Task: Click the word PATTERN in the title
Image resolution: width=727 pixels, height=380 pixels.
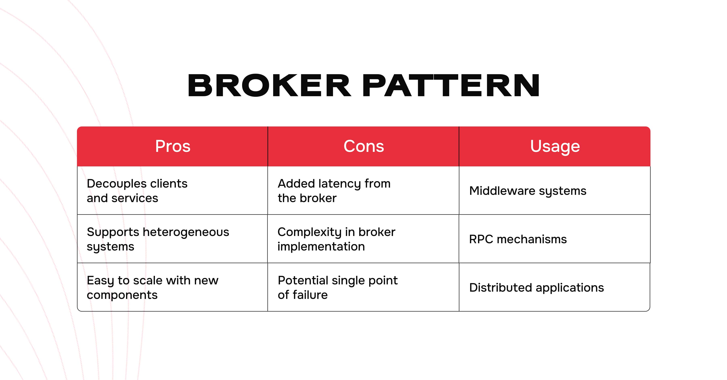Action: click(451, 85)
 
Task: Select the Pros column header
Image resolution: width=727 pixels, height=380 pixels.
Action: click(173, 146)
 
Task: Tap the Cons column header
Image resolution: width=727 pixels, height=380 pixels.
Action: click(363, 146)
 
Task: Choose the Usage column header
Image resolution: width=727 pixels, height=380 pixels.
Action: click(555, 146)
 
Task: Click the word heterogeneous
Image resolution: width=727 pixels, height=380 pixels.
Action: click(186, 232)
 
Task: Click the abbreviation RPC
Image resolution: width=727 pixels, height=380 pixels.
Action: click(481, 239)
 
